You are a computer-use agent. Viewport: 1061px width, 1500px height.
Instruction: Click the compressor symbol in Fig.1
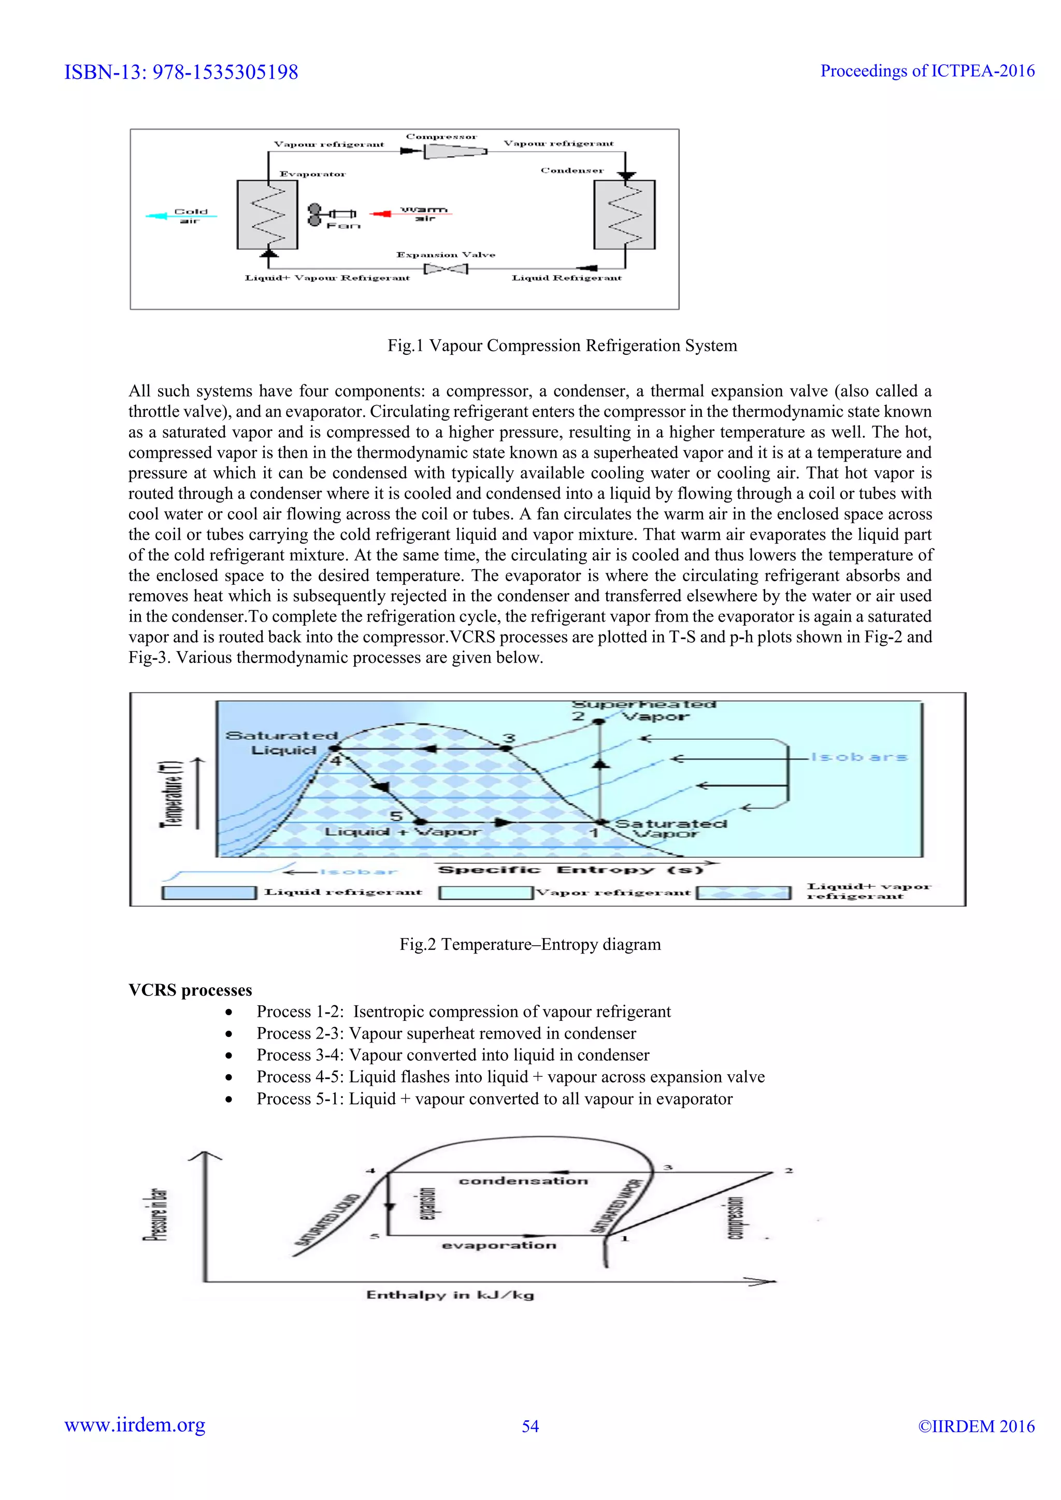coord(455,151)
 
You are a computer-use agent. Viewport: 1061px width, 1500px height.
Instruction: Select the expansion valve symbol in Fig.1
coord(446,268)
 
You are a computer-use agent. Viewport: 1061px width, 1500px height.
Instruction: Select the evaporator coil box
coord(267,215)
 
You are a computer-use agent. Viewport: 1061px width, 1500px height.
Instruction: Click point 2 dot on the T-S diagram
coord(598,722)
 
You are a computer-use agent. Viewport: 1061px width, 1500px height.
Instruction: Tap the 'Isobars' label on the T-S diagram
coord(858,757)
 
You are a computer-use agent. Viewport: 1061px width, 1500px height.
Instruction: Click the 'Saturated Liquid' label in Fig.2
coord(282,743)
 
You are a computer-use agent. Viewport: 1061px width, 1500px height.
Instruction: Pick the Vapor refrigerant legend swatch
coord(485,892)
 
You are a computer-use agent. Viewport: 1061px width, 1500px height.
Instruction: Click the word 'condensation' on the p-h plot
coord(523,1180)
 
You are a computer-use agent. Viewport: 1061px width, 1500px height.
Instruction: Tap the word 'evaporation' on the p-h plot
coord(499,1245)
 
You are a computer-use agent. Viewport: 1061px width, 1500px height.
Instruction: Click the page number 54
coord(530,1426)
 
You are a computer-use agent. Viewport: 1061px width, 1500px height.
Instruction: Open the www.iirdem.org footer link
coord(135,1425)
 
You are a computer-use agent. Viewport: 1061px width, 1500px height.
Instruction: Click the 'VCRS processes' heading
coord(190,990)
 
